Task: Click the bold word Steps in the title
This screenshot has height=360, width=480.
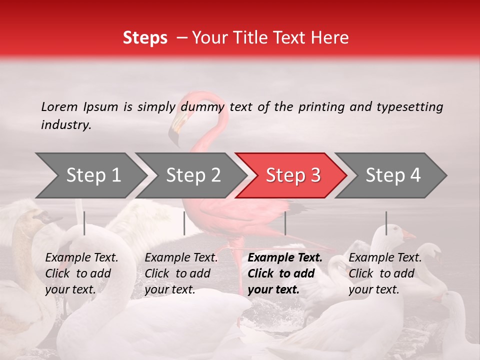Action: pyautogui.click(x=145, y=38)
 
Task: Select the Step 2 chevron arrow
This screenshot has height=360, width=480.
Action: pyautogui.click(x=192, y=175)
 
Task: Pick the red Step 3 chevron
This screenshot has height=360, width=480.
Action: pyautogui.click(x=292, y=175)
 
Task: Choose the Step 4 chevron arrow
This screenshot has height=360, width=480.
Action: pyautogui.click(x=392, y=175)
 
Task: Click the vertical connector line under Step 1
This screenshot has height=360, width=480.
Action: pyautogui.click(x=84, y=223)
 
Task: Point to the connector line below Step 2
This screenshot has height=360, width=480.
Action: pyautogui.click(x=184, y=223)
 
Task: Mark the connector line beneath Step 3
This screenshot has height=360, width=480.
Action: pyautogui.click(x=285, y=223)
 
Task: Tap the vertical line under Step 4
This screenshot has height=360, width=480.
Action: pyautogui.click(x=386, y=223)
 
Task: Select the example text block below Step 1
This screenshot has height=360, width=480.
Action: pyautogui.click(x=81, y=273)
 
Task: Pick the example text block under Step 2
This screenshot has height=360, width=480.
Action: pyautogui.click(x=181, y=273)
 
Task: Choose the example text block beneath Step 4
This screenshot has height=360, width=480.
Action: pyautogui.click(x=385, y=273)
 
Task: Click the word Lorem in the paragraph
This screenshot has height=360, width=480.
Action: pyautogui.click(x=59, y=106)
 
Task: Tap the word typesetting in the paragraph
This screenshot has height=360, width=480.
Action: pyautogui.click(x=409, y=107)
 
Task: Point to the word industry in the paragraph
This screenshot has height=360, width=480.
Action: pyautogui.click(x=65, y=124)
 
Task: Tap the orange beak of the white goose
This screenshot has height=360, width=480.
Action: pyautogui.click(x=409, y=234)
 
